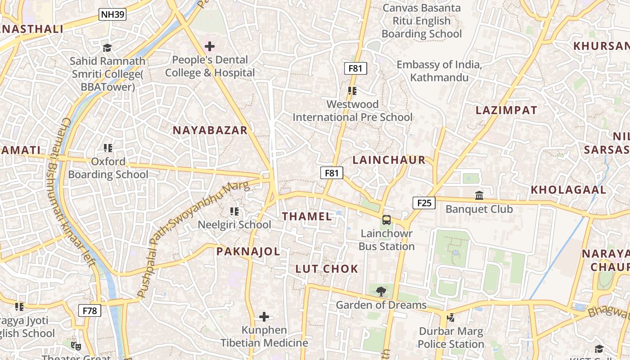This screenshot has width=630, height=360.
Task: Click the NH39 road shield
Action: (x=112, y=14)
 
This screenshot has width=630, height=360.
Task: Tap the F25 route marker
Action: (x=424, y=203)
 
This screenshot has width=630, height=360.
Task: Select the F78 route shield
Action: (x=90, y=310)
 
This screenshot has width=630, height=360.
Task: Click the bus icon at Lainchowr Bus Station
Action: (x=387, y=220)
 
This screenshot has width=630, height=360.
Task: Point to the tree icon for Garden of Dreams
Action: (x=381, y=292)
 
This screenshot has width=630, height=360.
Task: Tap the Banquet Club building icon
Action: (x=479, y=196)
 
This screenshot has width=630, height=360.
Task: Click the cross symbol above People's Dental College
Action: (x=210, y=46)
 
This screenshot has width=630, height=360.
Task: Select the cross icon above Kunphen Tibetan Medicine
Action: (x=264, y=317)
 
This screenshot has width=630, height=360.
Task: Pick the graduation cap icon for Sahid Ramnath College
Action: (x=107, y=48)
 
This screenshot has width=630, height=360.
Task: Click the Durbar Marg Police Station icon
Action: (x=450, y=318)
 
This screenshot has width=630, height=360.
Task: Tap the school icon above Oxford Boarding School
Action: (x=108, y=148)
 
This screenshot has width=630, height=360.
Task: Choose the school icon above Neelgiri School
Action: (x=234, y=211)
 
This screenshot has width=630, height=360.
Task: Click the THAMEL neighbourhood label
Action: (x=307, y=216)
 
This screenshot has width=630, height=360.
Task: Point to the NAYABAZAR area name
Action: (x=210, y=130)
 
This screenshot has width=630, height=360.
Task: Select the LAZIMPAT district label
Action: (x=506, y=110)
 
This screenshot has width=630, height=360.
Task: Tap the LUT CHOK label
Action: (x=327, y=269)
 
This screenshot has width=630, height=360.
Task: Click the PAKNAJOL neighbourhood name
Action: (x=248, y=252)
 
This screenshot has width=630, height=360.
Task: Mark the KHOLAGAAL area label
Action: (x=568, y=190)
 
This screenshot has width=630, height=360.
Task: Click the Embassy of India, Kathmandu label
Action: (x=439, y=71)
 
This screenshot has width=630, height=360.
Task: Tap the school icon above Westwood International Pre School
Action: (x=352, y=91)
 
